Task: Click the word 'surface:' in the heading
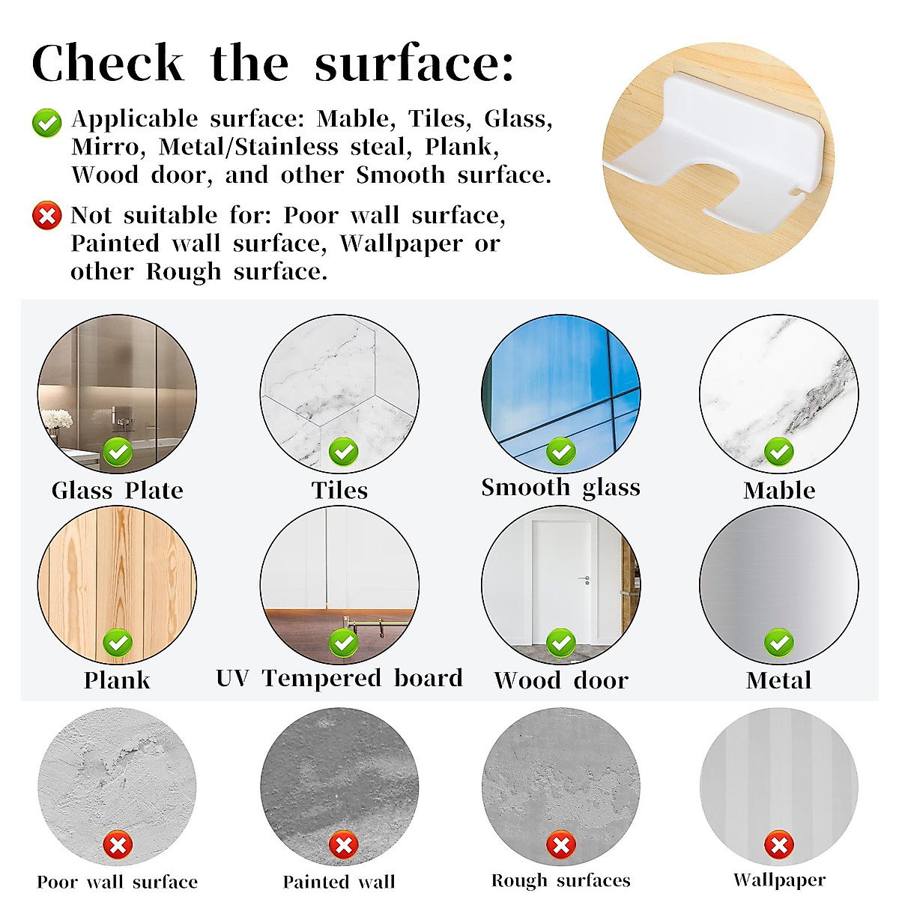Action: point(414,64)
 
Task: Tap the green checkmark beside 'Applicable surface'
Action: point(46,123)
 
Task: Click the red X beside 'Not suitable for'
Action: point(46,217)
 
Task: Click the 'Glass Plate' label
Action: point(117,491)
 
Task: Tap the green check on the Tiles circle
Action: point(343,452)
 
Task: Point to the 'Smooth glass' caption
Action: point(560,488)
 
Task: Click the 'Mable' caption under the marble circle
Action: point(779,491)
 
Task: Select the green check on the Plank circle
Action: point(118,643)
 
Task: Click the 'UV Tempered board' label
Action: point(339,678)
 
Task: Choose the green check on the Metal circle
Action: point(779,643)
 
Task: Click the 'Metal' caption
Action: point(779,680)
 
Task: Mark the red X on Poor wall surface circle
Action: point(118,846)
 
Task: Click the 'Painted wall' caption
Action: point(339,882)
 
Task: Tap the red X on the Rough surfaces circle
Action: point(560,846)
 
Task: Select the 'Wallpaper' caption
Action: point(779,880)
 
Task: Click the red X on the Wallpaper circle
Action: point(779,846)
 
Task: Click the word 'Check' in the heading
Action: point(108,64)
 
